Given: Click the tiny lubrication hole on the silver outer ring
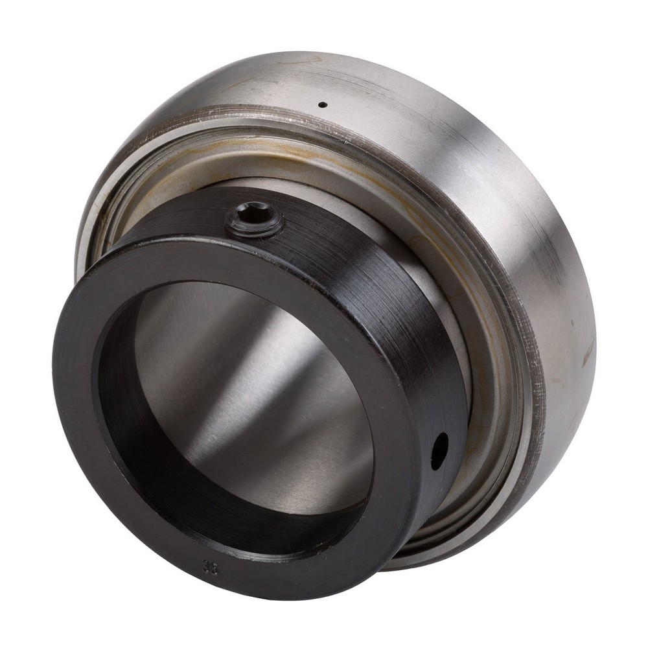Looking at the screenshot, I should coord(323,104).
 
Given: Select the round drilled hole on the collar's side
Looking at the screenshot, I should coord(439,450).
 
